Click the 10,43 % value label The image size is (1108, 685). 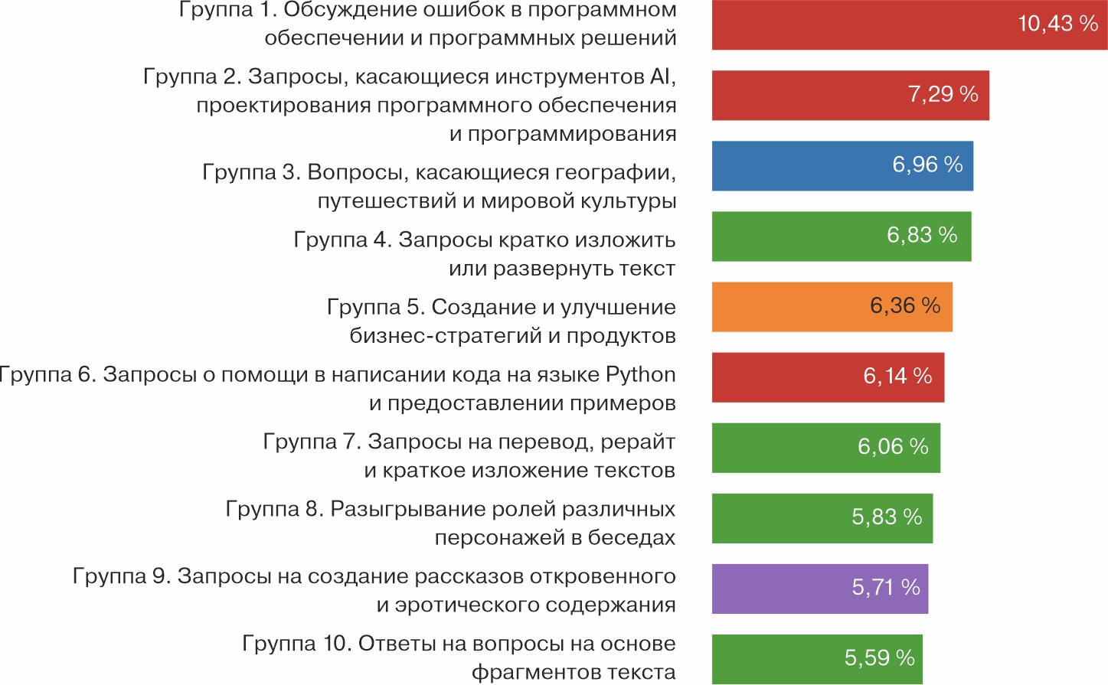click(1057, 24)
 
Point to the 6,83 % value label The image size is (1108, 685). click(922, 235)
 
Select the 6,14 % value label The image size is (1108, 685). click(897, 376)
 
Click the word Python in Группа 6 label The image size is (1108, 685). click(640, 375)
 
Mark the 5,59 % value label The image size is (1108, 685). click(880, 657)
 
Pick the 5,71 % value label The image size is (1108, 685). click(886, 587)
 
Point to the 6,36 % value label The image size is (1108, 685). click(905, 305)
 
